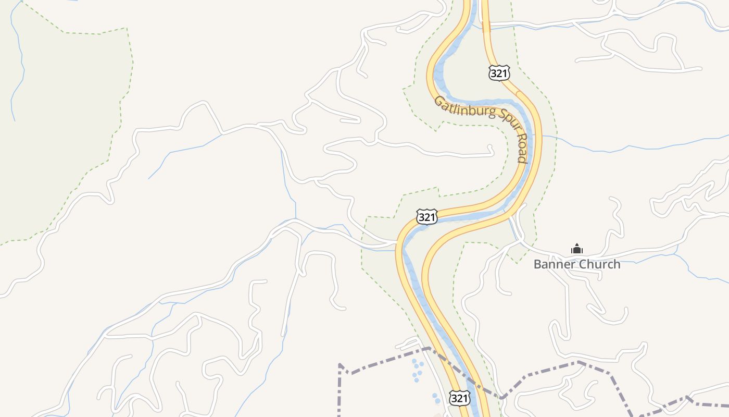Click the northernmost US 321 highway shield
click(x=499, y=73)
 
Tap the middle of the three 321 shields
click(x=427, y=217)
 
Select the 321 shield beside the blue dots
click(x=460, y=399)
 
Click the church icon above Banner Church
click(x=576, y=249)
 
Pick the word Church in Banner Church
click(x=599, y=264)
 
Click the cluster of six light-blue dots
click(x=417, y=370)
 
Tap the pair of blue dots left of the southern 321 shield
click(x=436, y=398)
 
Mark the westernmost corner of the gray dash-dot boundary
click(x=340, y=365)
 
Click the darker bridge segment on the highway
click(x=486, y=26)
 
